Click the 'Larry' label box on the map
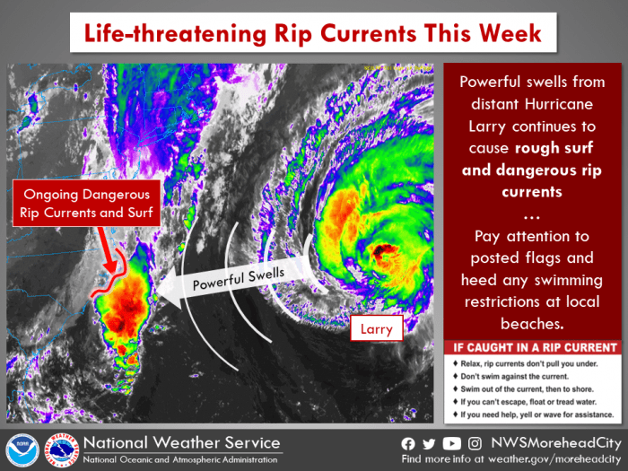377,328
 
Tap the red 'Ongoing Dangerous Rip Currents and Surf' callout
86,203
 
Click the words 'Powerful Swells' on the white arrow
239,279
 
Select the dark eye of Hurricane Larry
380,250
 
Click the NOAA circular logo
22,450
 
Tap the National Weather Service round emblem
61,450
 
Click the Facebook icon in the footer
407,444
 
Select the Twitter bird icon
429,444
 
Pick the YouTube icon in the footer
452,444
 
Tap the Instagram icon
475,444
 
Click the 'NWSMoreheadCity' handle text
556,443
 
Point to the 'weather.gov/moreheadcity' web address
554,459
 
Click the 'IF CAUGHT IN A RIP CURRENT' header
535,347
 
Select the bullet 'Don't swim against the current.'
514,377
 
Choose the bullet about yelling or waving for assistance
536,414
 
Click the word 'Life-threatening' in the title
175,33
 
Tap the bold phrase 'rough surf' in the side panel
554,148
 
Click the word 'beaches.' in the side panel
532,323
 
